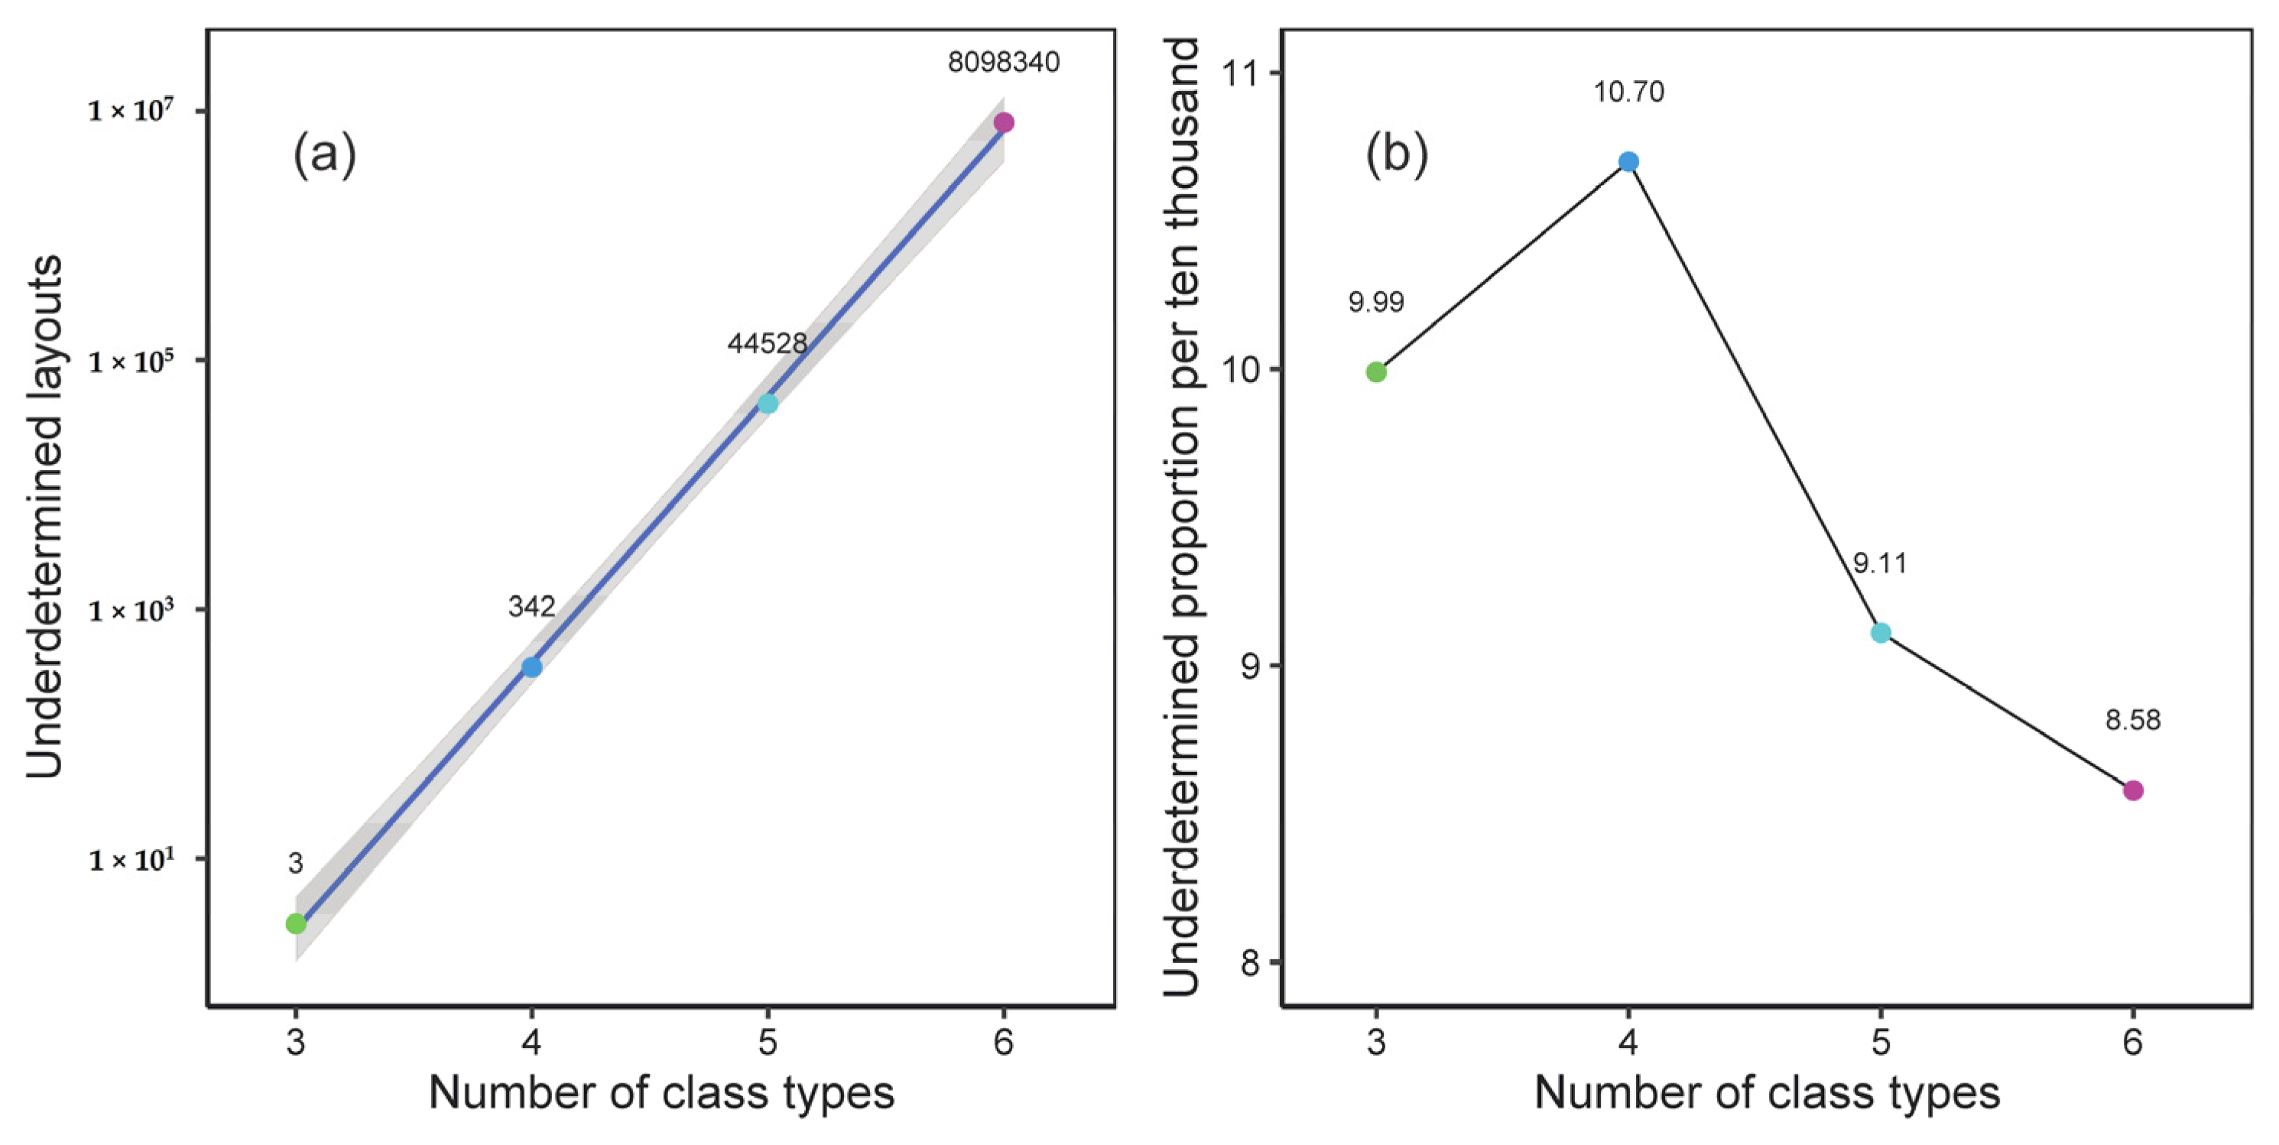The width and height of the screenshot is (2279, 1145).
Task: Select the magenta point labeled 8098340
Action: pos(1003,122)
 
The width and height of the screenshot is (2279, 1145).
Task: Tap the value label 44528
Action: pos(767,342)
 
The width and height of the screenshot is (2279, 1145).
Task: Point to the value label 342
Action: pos(531,606)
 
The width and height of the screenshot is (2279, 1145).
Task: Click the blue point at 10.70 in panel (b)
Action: pos(1628,161)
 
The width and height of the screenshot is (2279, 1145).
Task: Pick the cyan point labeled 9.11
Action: pos(1881,633)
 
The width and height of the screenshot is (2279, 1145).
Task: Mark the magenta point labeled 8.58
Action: pos(2133,790)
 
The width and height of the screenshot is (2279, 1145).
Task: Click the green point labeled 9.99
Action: pos(1375,371)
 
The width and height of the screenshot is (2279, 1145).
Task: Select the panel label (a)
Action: pos(325,154)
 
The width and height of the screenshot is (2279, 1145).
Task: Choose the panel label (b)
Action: pos(1397,154)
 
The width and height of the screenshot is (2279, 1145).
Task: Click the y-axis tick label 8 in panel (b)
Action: pos(1249,962)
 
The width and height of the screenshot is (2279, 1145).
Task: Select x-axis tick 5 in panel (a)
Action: pos(767,1043)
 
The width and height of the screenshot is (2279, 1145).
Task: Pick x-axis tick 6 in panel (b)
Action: pos(2133,1043)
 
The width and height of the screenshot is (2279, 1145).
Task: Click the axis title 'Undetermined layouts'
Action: pos(44,517)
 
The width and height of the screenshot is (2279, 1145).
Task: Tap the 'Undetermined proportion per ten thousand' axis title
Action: pos(1181,517)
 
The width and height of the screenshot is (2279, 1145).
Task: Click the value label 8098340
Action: pos(1003,62)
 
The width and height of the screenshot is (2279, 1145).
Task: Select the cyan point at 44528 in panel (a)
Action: pos(767,404)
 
